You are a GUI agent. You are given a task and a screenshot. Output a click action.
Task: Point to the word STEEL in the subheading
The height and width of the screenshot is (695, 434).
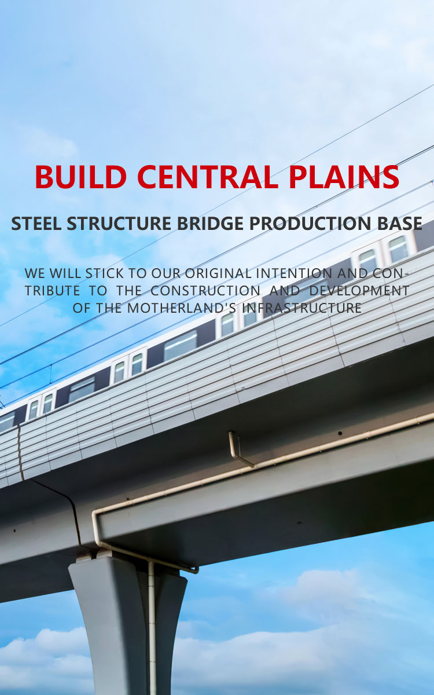(x=36, y=224)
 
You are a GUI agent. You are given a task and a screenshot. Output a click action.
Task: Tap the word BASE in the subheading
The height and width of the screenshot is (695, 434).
(x=402, y=224)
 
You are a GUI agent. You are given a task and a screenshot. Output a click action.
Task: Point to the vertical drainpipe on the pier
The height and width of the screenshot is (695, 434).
(x=152, y=625)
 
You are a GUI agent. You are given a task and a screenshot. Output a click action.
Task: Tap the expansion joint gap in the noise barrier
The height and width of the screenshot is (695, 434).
(x=21, y=452)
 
